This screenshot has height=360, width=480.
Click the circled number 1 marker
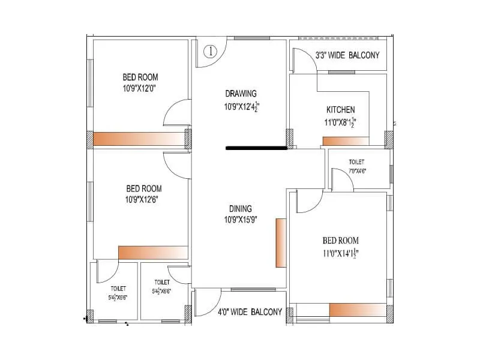(x=209, y=52)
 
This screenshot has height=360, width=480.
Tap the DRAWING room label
(x=241, y=93)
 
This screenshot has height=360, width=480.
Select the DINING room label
(x=240, y=208)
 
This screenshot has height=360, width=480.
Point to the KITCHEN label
(x=340, y=110)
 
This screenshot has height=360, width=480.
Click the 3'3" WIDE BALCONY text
(x=347, y=56)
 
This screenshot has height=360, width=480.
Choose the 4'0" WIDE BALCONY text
(x=250, y=312)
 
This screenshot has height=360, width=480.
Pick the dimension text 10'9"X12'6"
(x=143, y=199)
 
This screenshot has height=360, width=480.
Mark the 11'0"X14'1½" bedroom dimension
(x=340, y=253)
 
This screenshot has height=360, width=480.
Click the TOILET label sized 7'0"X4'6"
(x=356, y=162)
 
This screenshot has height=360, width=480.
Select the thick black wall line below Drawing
(x=256, y=147)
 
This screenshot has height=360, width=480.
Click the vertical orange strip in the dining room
(x=280, y=243)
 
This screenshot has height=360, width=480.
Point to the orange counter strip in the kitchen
(x=346, y=141)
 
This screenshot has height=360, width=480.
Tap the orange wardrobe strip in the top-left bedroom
(x=138, y=139)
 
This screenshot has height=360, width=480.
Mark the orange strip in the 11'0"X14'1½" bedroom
(x=358, y=310)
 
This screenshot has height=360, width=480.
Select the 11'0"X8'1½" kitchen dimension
(x=340, y=122)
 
